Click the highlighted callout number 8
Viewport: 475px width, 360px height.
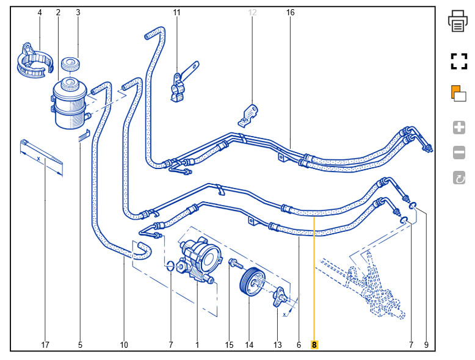tap(314, 345)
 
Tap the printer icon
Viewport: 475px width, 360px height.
tap(459, 21)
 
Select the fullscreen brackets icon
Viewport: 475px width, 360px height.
tap(459, 61)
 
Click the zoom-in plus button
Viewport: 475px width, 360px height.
tap(459, 128)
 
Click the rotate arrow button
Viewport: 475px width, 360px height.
tap(459, 178)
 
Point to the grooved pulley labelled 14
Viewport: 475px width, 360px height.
tap(252, 283)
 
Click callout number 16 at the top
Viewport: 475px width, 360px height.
tap(291, 12)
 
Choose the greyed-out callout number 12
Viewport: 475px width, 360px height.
tap(253, 12)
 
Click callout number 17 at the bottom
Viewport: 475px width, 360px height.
tap(45, 345)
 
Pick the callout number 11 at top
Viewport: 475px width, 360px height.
tap(177, 12)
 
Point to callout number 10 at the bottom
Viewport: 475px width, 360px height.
tap(124, 345)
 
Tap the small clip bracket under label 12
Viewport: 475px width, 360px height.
tap(248, 113)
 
